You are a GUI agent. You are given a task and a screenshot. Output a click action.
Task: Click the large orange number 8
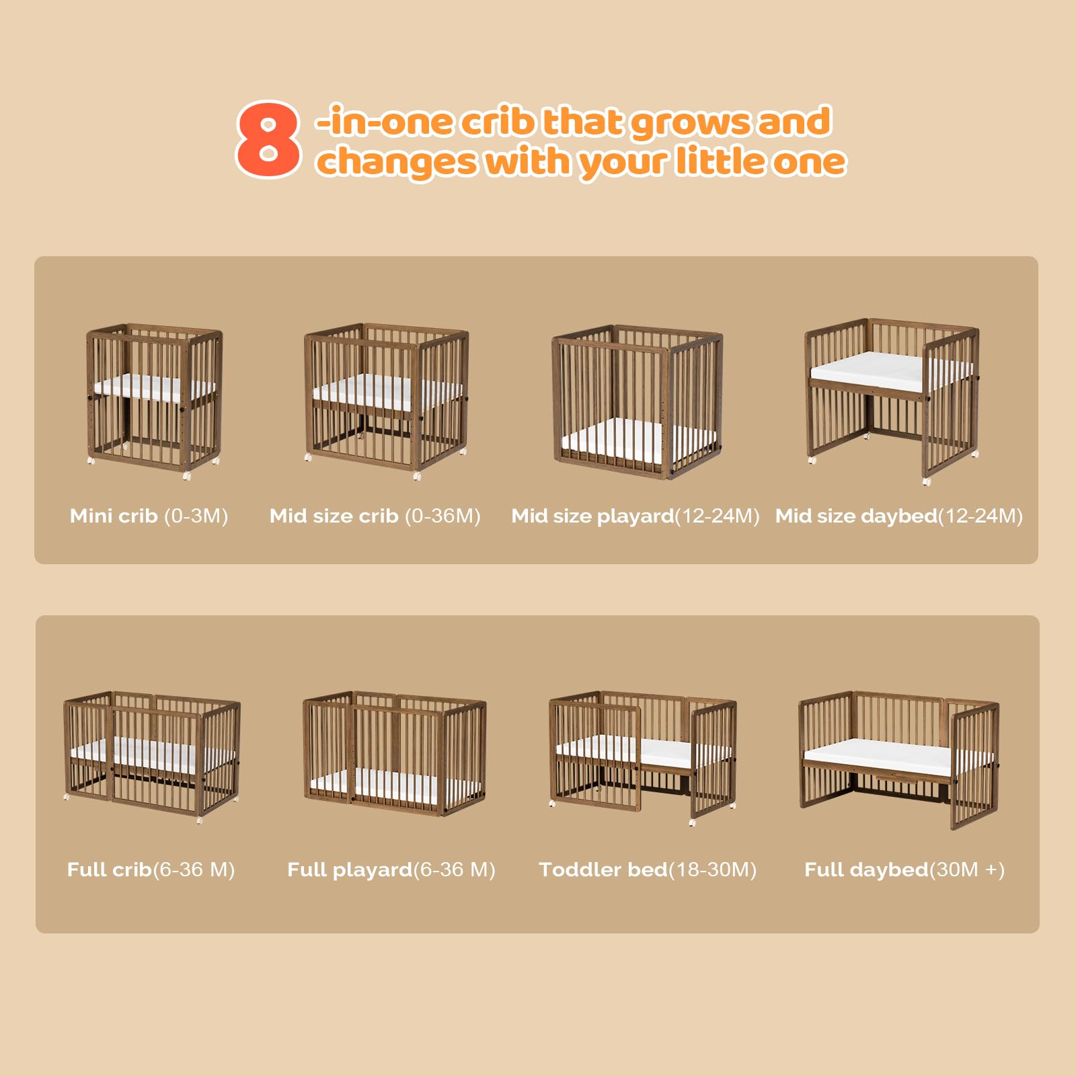point(268,140)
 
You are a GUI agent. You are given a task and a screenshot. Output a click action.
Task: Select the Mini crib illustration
point(154,401)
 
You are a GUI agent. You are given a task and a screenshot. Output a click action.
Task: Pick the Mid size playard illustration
point(637,401)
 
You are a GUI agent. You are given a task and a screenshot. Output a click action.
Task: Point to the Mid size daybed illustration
point(892,400)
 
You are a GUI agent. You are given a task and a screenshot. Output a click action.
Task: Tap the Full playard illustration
point(394,753)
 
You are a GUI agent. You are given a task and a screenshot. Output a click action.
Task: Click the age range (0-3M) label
point(196,516)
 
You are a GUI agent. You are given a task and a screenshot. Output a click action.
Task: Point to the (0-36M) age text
point(443,516)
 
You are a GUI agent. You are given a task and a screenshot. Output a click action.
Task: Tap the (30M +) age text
point(967,870)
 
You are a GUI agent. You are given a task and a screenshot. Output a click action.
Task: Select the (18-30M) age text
point(713,870)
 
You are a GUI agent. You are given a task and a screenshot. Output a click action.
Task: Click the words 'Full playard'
point(350,870)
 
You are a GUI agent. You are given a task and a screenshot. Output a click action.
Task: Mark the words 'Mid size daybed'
point(856,516)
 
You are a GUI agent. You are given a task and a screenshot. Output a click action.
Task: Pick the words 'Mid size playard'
point(592,516)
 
